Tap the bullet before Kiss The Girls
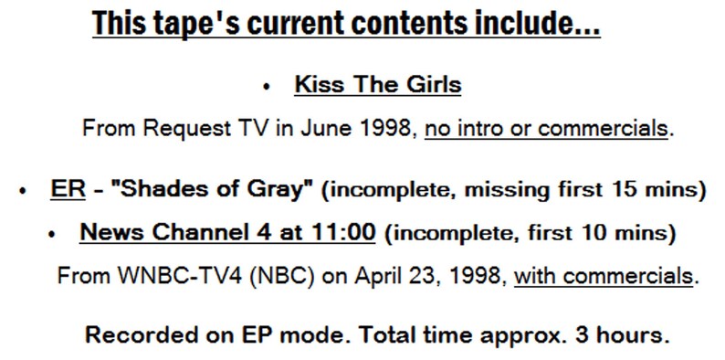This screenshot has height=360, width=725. (x=267, y=88)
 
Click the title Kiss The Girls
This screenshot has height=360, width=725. (x=377, y=86)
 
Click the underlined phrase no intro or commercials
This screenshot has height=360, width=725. (x=546, y=129)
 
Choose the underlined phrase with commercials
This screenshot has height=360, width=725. (x=603, y=276)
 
